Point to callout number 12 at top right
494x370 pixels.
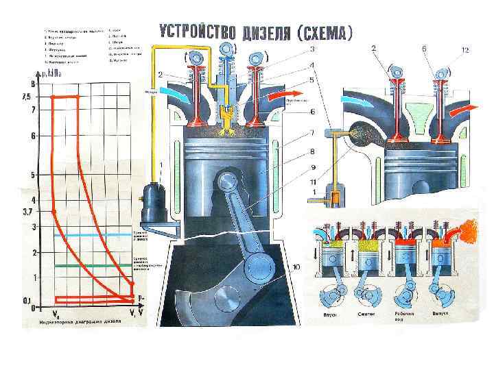(465, 49)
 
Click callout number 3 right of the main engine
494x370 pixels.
(313, 49)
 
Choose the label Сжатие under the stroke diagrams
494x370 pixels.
(365, 314)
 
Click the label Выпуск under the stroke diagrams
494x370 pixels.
(440, 314)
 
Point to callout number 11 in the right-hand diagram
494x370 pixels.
(313, 182)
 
